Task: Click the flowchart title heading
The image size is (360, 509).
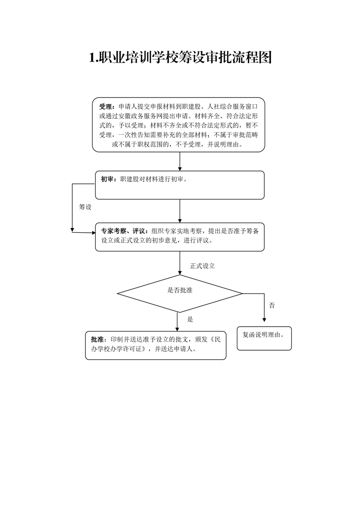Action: click(x=180, y=58)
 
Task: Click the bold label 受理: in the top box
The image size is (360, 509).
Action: click(x=107, y=107)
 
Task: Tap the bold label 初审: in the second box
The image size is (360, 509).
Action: click(x=108, y=179)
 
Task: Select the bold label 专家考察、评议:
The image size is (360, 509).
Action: click(x=125, y=231)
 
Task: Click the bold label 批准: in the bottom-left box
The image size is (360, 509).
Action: click(x=99, y=339)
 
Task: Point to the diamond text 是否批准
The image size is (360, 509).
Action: click(x=180, y=290)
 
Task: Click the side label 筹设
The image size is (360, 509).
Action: click(x=85, y=207)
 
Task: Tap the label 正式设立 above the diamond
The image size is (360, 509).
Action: click(x=202, y=266)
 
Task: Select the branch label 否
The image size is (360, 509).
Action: click(x=272, y=305)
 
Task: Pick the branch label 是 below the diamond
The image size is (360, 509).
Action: click(x=190, y=319)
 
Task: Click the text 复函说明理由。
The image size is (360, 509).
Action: click(x=263, y=335)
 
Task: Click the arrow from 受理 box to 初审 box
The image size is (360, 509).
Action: click(x=180, y=162)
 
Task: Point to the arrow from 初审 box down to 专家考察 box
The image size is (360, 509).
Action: click(x=180, y=211)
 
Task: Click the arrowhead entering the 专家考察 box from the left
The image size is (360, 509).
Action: click(x=93, y=233)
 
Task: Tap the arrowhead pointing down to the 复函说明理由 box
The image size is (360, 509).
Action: click(x=264, y=320)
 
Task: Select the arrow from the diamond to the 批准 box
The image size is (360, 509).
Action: click(x=178, y=322)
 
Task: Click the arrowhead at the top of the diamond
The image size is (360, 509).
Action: click(x=180, y=273)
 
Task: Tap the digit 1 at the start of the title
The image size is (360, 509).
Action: click(x=92, y=58)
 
